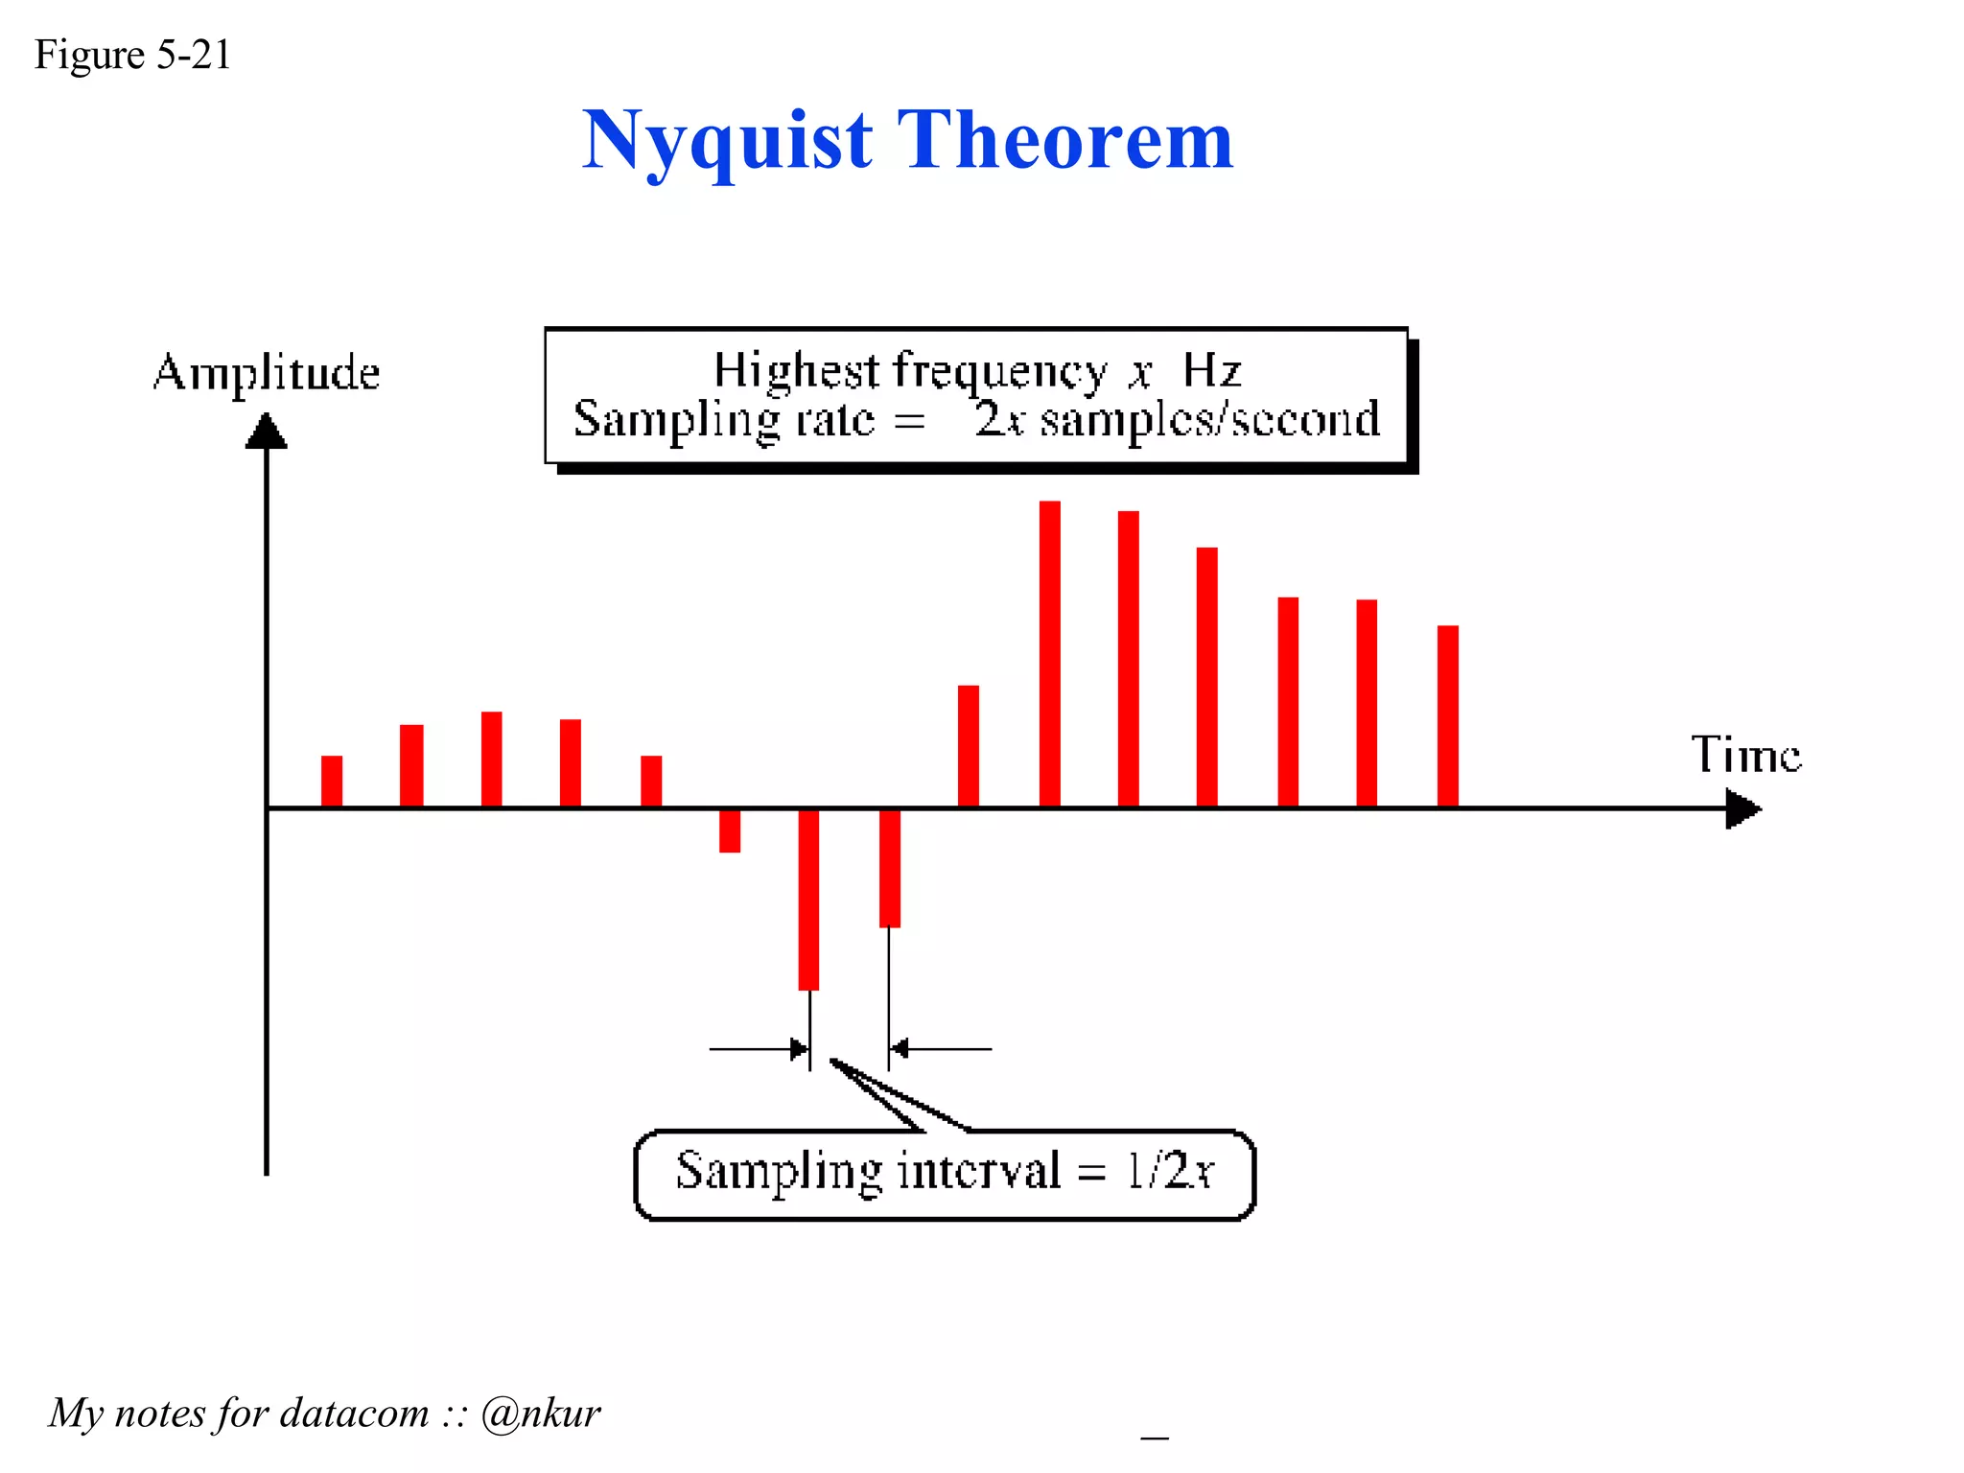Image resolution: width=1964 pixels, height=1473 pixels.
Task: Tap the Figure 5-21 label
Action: pyautogui.click(x=132, y=55)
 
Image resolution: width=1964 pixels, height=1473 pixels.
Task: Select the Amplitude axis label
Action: pyautogui.click(x=266, y=372)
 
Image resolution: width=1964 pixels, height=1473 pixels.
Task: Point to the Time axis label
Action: pyautogui.click(x=1745, y=755)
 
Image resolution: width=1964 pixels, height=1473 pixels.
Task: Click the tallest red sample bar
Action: pyautogui.click(x=1050, y=652)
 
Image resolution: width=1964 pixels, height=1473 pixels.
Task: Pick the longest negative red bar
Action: pyautogui.click(x=808, y=899)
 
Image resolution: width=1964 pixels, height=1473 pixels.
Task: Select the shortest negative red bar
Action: pyautogui.click(x=730, y=831)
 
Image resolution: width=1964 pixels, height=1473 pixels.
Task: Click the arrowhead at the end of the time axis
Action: pyautogui.click(x=1743, y=808)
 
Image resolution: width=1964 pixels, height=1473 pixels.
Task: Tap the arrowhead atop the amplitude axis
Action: pyautogui.click(x=267, y=432)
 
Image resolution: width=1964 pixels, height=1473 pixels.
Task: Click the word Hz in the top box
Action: pyautogui.click(x=1211, y=370)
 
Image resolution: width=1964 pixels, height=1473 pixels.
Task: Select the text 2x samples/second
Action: pyautogui.click(x=1177, y=420)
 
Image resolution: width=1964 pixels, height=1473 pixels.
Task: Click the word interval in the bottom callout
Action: pyautogui.click(x=978, y=1171)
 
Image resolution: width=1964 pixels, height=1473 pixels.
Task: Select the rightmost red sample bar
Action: pyautogui.click(x=1447, y=715)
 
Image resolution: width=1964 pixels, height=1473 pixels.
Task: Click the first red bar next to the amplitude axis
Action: pyautogui.click(x=332, y=781)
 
